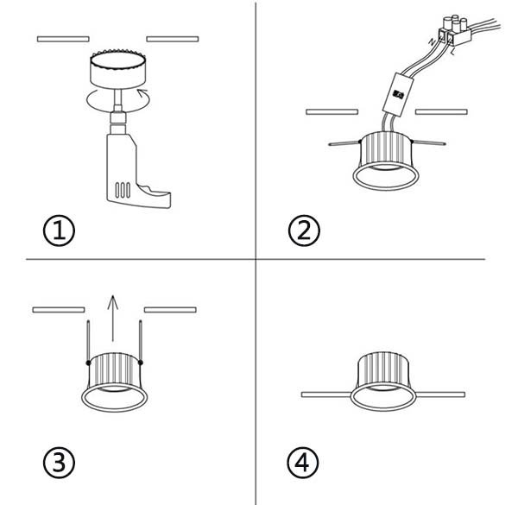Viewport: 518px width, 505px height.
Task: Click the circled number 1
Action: click(59, 230)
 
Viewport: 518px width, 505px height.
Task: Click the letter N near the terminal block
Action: click(432, 41)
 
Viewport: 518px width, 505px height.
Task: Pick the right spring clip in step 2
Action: click(433, 142)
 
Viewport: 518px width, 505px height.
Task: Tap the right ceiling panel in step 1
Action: click(173, 38)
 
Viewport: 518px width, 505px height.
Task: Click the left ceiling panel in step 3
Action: click(58, 309)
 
